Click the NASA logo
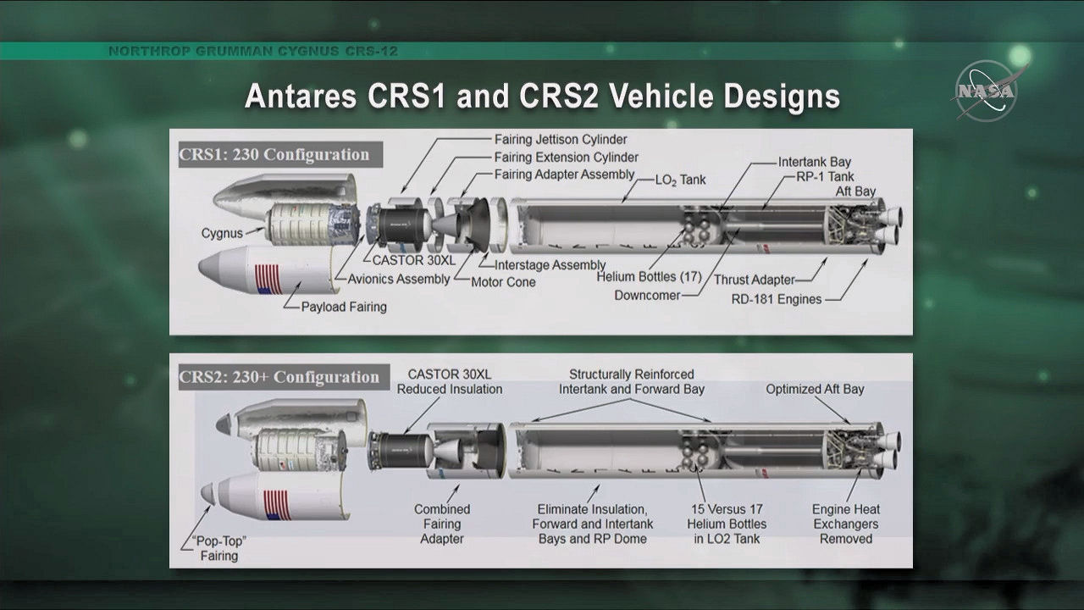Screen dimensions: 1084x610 tap(986, 91)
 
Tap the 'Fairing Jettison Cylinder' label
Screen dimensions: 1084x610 tap(561, 140)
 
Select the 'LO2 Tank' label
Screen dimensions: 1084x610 tap(680, 180)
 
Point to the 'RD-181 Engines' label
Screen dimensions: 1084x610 tap(777, 299)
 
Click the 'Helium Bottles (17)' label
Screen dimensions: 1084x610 tap(649, 277)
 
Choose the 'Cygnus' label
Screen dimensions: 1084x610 tap(222, 233)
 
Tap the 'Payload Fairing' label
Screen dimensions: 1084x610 tap(344, 307)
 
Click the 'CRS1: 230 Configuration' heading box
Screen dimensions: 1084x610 tap(280, 154)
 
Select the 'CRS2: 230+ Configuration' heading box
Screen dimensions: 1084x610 tap(284, 377)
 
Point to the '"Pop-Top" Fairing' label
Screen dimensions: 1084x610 tap(219, 548)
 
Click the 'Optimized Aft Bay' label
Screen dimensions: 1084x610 tap(815, 389)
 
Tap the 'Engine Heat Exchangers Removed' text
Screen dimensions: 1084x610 tap(846, 524)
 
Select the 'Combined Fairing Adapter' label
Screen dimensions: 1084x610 tap(442, 524)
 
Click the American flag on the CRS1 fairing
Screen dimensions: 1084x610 tap(268, 280)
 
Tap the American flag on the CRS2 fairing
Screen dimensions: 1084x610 tap(277, 505)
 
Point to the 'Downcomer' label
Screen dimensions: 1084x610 tap(647, 296)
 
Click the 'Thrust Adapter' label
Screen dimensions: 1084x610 tap(754, 280)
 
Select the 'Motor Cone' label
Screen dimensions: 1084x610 tap(503, 282)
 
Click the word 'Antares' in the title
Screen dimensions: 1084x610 tap(301, 96)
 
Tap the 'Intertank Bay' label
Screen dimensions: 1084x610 tap(815, 162)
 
